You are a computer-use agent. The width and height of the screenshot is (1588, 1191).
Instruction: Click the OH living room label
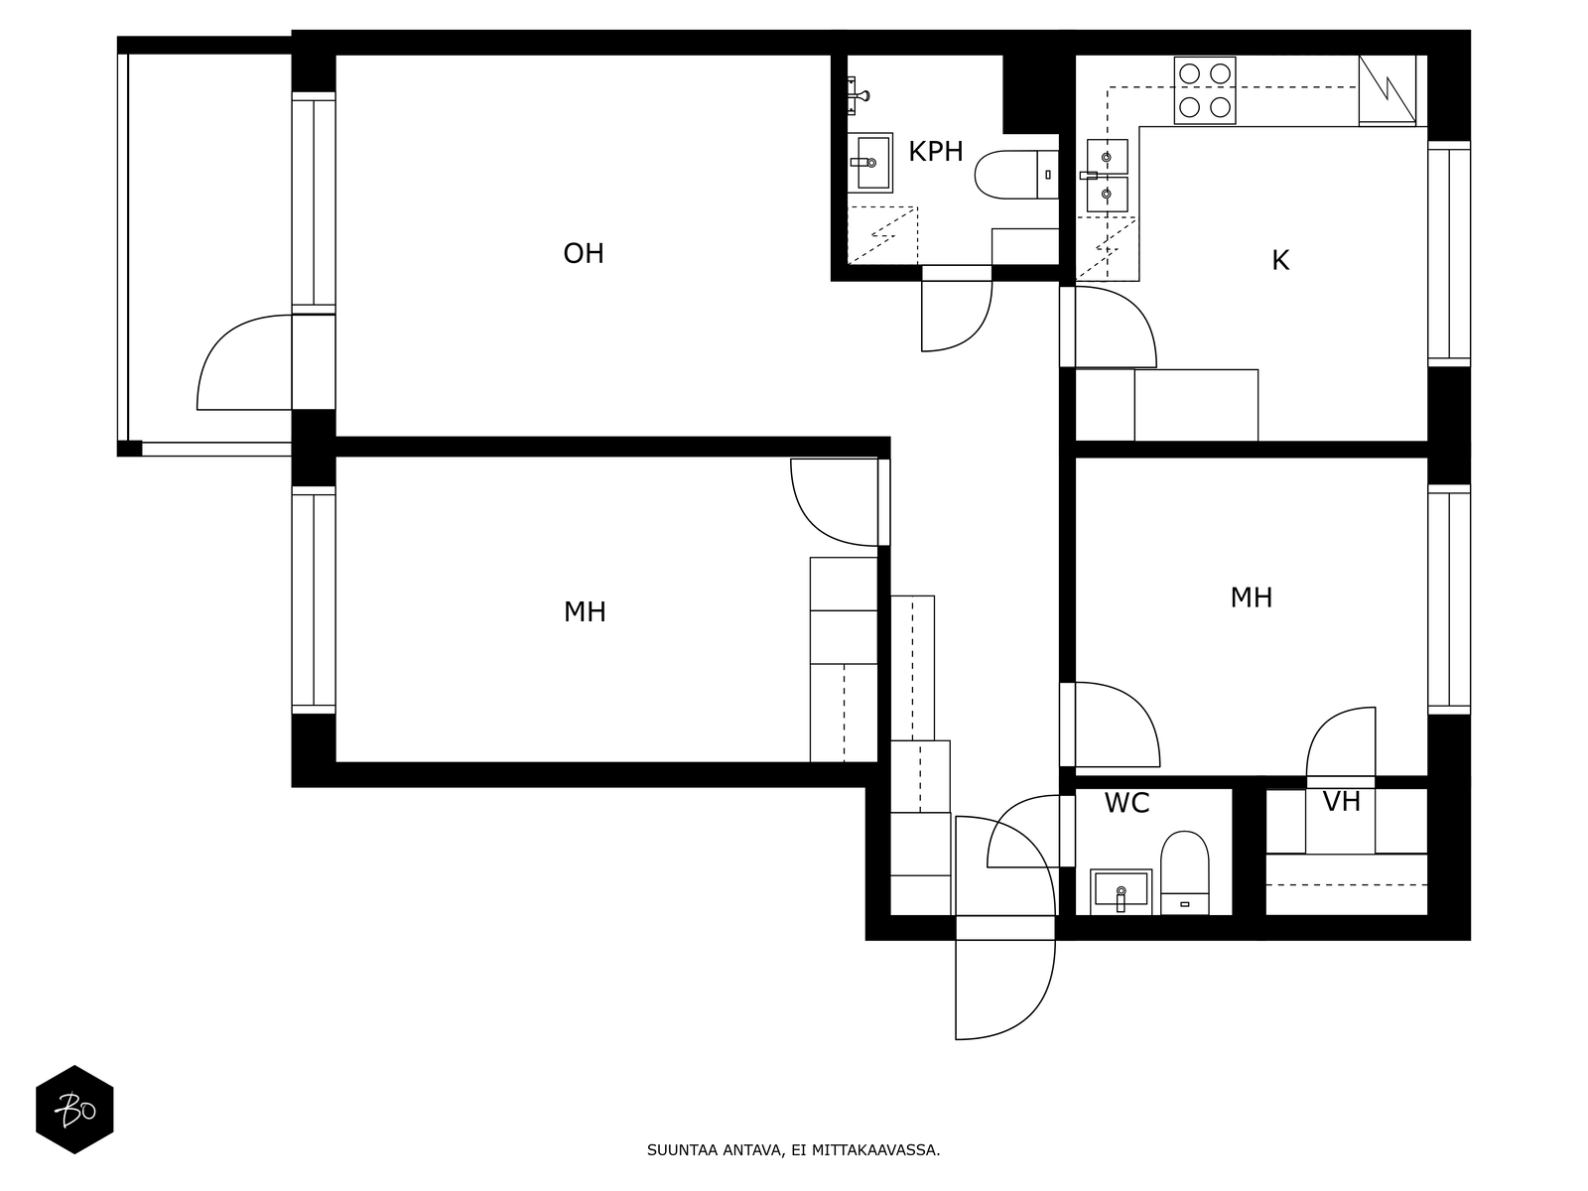pos(584,254)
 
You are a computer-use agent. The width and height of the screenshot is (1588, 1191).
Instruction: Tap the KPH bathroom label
pos(936,152)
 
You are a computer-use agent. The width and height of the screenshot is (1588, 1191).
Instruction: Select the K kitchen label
pos(1279,260)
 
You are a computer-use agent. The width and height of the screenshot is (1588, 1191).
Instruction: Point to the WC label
pos(1126,803)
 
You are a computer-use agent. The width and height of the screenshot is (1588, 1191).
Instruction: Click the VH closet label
pos(1341,801)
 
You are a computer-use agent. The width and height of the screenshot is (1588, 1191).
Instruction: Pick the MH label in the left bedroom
pos(585,612)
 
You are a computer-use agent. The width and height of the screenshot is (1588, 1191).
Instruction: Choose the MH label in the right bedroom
pos(1251,597)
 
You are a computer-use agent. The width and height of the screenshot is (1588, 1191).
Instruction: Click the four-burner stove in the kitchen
pos(1205,90)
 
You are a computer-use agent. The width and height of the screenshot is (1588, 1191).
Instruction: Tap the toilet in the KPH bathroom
pos(1015,175)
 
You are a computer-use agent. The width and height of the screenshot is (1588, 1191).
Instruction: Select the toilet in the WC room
pos(1184,872)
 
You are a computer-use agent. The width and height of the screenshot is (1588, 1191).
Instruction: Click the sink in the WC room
pos(1121,891)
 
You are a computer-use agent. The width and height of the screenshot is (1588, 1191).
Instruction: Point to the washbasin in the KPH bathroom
pos(870,163)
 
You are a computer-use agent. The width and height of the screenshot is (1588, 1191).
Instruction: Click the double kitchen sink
pos(1107,176)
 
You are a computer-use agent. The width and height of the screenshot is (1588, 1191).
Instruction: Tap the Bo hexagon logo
pos(74,1110)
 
